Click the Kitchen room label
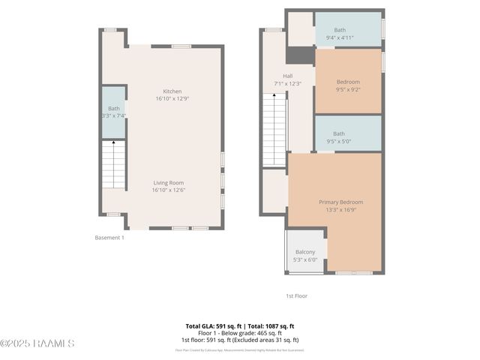point(172,91)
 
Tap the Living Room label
point(169,182)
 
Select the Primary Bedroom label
point(340,202)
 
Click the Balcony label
point(305,252)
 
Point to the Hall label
point(287,76)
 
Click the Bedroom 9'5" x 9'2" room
point(348,82)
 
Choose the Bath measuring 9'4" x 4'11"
point(340,29)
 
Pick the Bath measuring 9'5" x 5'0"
point(339,133)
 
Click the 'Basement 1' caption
point(109,238)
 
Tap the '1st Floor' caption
point(297,296)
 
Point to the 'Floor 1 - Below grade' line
point(240,333)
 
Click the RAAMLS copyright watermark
point(37,343)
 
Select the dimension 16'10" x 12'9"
point(172,98)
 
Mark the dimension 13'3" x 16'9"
point(340,210)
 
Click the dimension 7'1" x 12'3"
point(287,83)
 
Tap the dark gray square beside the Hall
point(300,55)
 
